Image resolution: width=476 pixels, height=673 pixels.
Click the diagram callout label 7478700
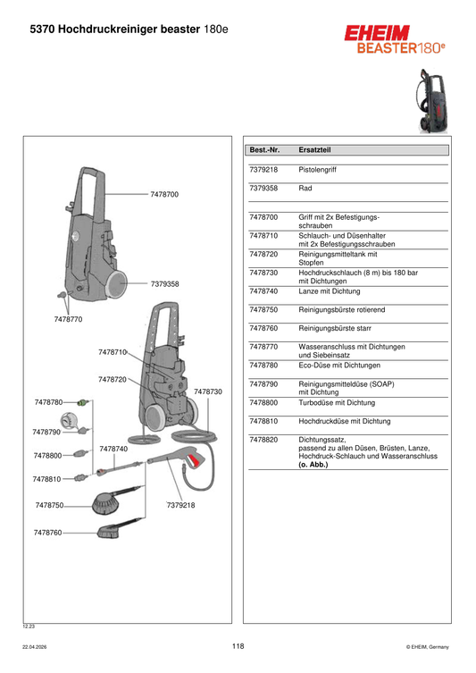point(164,195)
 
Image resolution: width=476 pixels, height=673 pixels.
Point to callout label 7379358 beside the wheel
point(164,283)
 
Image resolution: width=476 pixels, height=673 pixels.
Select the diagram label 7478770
point(68,319)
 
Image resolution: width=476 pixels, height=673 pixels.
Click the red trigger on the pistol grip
point(195,461)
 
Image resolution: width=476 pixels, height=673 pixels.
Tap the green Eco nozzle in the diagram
point(83,402)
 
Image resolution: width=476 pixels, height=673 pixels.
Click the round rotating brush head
point(105,504)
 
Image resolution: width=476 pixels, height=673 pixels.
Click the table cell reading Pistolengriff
point(317,170)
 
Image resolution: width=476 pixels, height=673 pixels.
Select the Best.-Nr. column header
point(264,150)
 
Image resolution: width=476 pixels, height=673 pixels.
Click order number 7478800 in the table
point(263,402)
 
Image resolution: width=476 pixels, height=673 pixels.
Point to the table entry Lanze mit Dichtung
point(330,291)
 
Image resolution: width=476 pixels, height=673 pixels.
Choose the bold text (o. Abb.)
point(313,465)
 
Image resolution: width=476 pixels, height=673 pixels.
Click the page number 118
point(238,646)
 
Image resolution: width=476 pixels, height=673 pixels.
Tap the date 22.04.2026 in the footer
point(35,647)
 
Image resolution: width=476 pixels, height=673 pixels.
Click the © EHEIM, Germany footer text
point(428,647)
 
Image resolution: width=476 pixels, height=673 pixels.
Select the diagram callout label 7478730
point(208,391)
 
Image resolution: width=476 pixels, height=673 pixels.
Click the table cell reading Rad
point(305,188)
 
